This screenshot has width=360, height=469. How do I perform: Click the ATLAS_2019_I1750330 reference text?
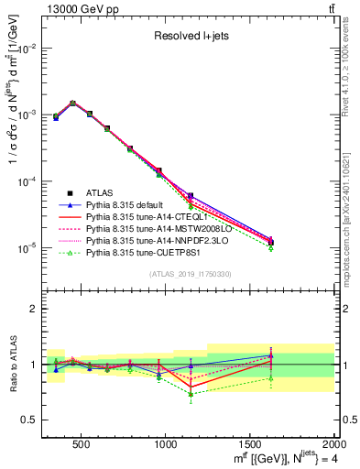click(191, 274)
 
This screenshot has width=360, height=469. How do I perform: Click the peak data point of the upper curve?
click(73, 104)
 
